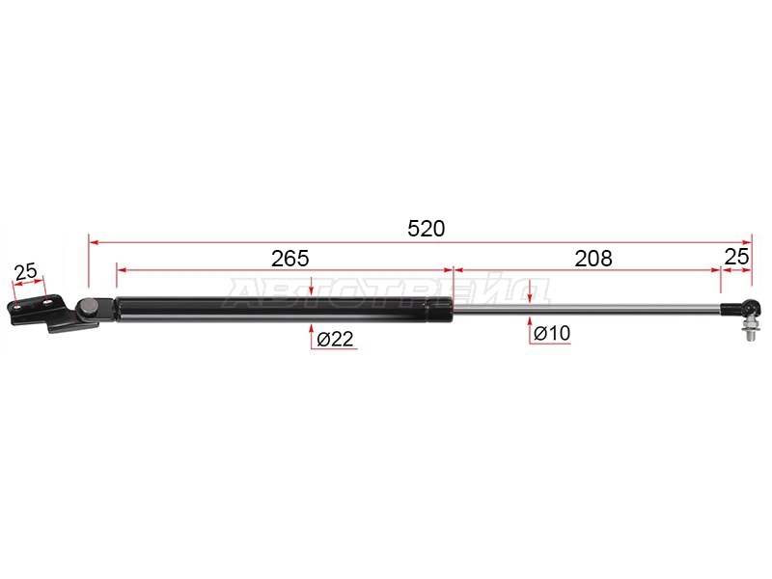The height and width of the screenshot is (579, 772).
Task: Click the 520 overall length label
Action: pyautogui.click(x=427, y=229)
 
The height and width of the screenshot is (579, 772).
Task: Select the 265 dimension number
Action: pyautogui.click(x=290, y=259)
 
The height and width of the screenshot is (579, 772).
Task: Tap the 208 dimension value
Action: pyautogui.click(x=593, y=259)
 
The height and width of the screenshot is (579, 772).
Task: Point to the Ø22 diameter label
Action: pyautogui.click(x=335, y=339)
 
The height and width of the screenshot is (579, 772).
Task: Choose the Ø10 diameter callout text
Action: pyautogui.click(x=552, y=333)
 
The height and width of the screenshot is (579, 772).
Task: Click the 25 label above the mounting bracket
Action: pyautogui.click(x=26, y=271)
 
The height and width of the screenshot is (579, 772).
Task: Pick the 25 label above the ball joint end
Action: pyautogui.click(x=736, y=257)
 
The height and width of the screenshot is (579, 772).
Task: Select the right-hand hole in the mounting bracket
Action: pyautogui.click(x=48, y=302)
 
